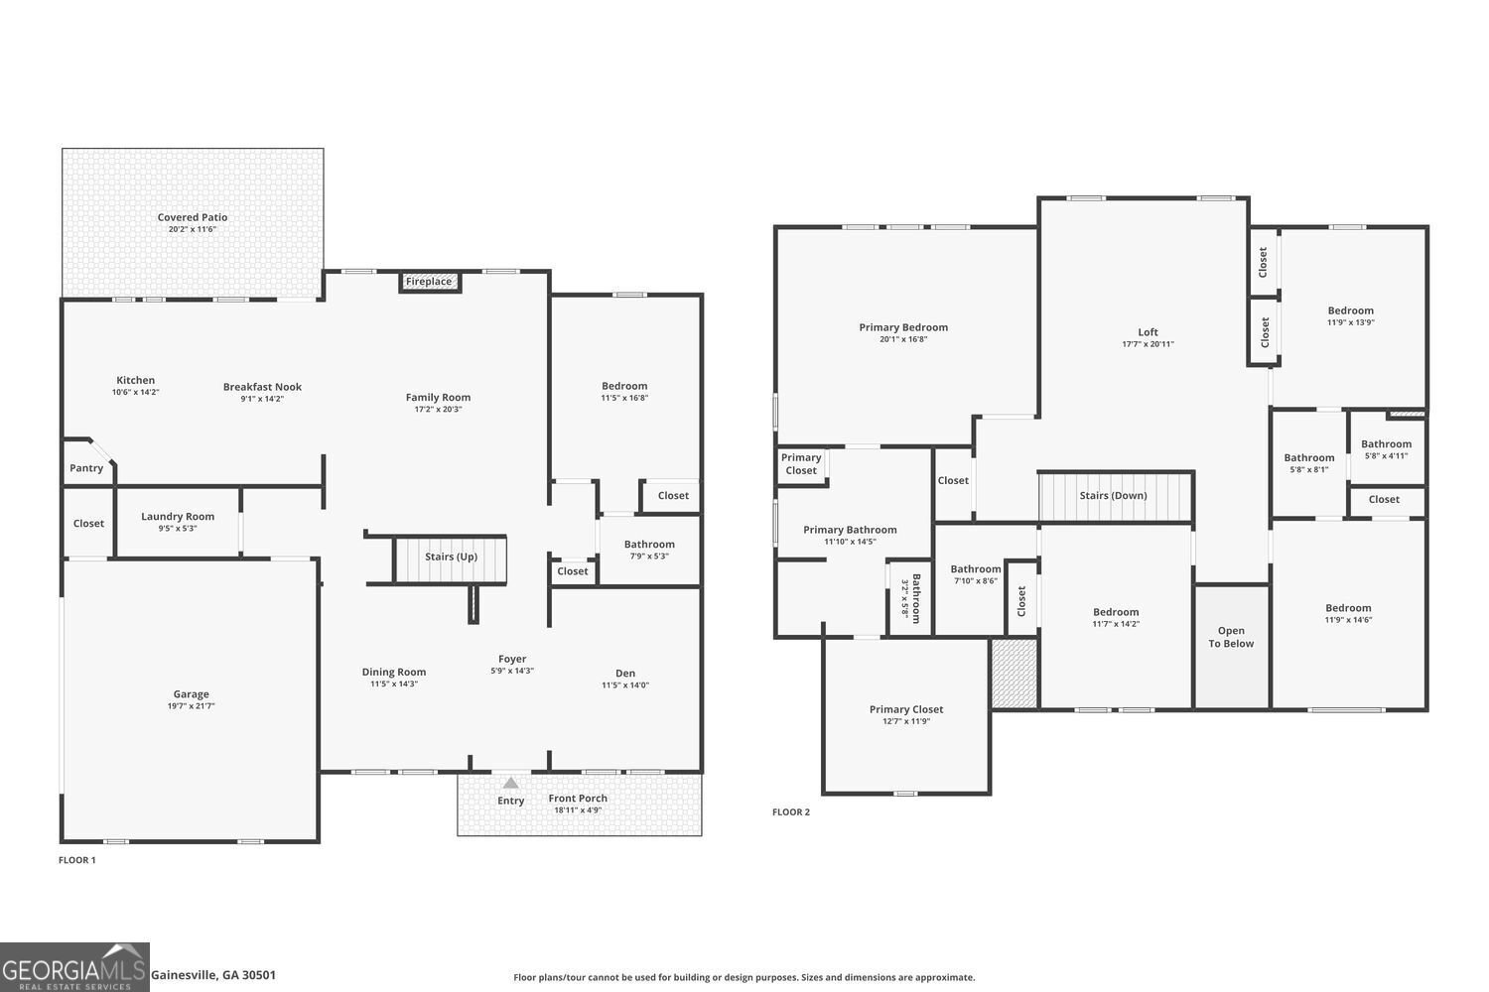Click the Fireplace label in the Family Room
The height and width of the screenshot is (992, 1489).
point(429,282)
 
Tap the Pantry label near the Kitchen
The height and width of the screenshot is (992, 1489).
point(86,468)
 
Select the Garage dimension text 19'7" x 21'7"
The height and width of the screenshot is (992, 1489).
point(192,706)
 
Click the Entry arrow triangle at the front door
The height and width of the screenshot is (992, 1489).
point(510,783)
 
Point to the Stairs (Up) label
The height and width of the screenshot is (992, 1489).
point(451,557)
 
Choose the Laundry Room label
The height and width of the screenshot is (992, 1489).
point(178,516)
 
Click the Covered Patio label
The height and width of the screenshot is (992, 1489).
point(193,217)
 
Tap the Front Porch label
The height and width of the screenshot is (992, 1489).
point(578,799)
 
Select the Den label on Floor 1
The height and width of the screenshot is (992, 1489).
point(625,673)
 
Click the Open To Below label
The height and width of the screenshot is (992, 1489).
point(1231,637)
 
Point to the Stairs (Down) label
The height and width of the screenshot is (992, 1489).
point(1113,495)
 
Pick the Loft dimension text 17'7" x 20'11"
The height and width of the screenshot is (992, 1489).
point(1148,344)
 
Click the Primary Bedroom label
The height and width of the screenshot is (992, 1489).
point(903,327)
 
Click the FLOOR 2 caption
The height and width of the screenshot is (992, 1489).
point(791,812)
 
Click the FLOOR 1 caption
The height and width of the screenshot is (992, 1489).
point(77,860)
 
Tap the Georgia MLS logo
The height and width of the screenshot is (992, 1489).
point(74,967)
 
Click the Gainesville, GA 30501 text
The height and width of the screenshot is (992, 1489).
point(213,975)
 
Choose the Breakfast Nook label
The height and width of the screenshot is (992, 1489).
point(262,387)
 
